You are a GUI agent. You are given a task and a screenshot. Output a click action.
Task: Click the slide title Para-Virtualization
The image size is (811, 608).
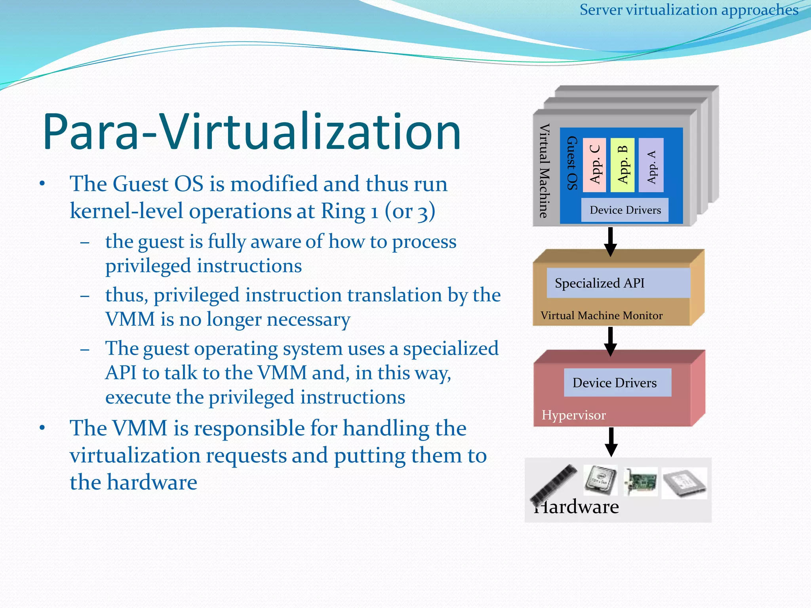coord(252,132)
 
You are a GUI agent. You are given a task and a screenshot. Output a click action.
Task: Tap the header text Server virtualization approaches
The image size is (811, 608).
coord(689,10)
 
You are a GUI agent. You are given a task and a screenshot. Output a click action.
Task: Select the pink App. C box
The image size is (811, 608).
coord(594,165)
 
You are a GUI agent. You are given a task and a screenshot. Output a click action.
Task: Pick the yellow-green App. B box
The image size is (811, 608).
coord(623,165)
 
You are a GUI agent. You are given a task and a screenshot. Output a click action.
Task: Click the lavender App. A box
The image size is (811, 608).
coord(651,165)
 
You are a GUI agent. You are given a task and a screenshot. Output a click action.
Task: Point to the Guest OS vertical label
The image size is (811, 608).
coord(572,163)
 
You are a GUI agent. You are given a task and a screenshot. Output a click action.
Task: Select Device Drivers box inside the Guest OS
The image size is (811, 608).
coord(625,210)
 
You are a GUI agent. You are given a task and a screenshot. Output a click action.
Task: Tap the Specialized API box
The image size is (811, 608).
coord(618,283)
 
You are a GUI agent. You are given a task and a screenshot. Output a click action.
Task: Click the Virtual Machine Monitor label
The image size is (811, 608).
coord(601,315)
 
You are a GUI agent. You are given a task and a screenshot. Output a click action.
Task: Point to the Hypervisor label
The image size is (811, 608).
coord(573,415)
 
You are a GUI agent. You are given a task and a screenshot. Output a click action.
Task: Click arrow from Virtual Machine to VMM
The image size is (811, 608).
coord(610,241)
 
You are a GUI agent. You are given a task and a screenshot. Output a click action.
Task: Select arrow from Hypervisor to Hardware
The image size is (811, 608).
coord(611,442)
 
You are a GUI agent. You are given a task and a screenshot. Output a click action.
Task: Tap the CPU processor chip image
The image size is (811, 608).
coord(601,480)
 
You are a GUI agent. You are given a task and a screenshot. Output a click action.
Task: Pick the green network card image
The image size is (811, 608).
coord(640,482)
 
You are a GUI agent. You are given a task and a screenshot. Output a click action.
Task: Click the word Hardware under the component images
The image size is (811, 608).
coord(578,507)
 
